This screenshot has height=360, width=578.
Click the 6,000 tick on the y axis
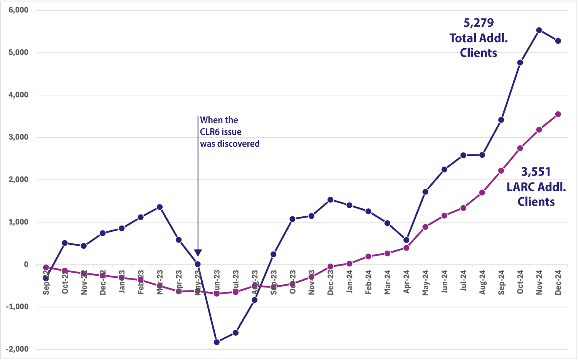click(18, 10)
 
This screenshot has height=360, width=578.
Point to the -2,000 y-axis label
click(17, 349)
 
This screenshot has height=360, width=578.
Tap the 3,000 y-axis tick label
click(18, 137)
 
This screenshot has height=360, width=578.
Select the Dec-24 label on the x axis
click(558, 282)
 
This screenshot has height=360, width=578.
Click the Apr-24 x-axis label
click(407, 282)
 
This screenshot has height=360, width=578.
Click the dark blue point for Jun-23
click(217, 342)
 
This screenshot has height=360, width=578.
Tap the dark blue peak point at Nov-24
click(539, 30)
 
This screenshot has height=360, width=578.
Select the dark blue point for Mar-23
click(160, 207)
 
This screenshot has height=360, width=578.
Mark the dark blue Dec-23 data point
click(330, 199)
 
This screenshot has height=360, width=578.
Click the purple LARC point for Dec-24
click(558, 114)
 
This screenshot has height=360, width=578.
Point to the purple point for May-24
click(425, 227)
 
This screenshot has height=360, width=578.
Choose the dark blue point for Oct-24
click(520, 62)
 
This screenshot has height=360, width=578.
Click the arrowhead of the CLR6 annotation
click(198, 253)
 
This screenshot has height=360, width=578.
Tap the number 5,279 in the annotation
click(479, 23)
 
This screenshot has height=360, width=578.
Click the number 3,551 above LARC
click(536, 172)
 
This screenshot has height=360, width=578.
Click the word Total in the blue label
click(463, 38)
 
